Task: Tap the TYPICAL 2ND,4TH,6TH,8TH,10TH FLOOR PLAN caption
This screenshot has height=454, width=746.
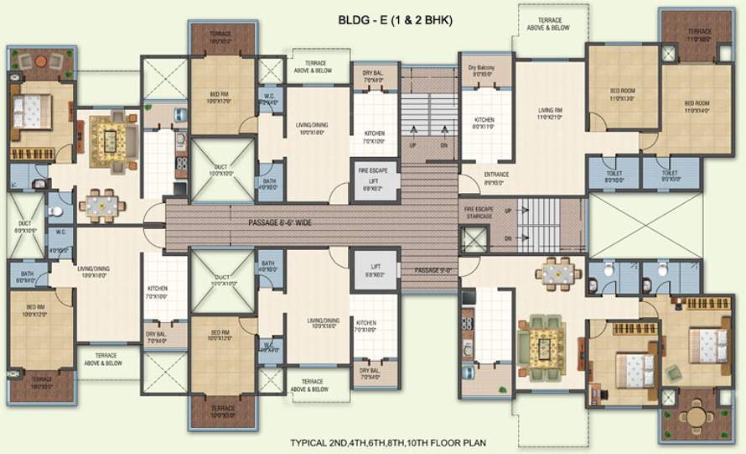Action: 388,442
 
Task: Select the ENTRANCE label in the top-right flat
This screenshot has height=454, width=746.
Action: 496,177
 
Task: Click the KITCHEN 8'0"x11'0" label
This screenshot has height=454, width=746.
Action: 484,123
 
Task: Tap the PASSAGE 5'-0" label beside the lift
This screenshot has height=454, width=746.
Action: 432,270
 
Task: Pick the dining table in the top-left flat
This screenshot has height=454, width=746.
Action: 101,203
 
